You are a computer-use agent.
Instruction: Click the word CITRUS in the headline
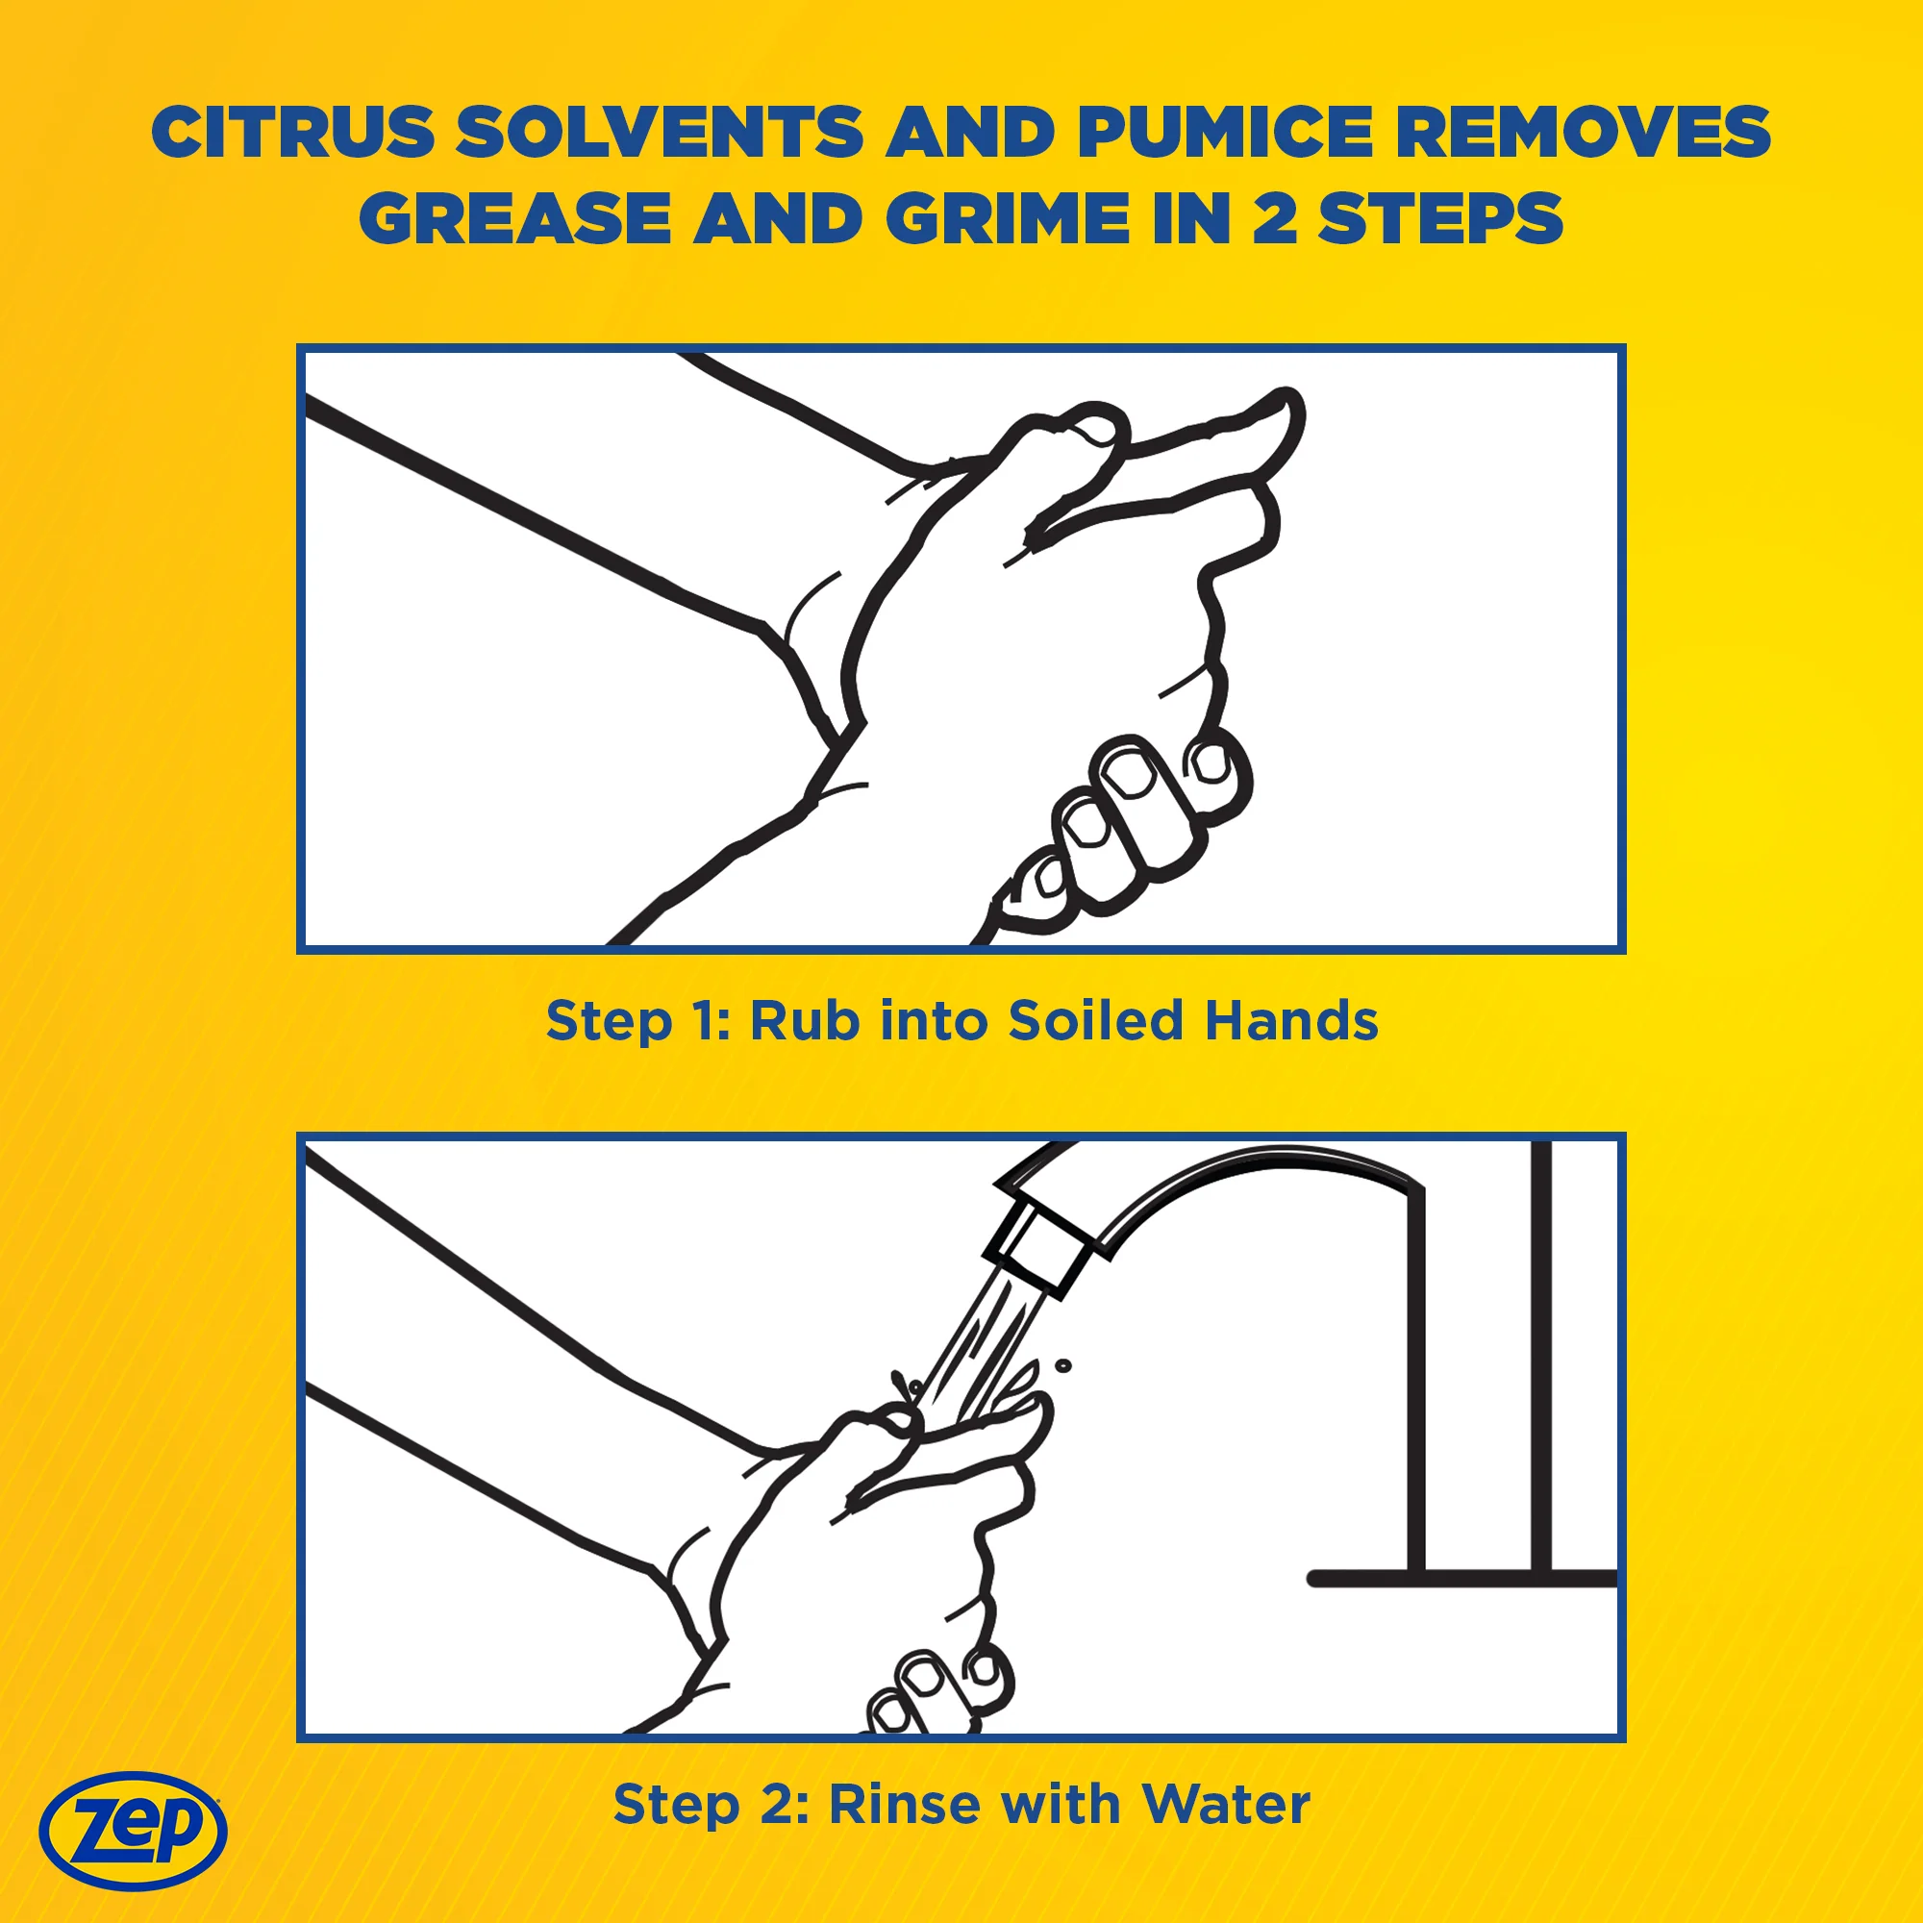point(293,132)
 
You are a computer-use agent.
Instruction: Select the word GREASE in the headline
point(515,218)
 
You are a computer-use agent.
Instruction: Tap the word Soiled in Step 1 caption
point(1096,1020)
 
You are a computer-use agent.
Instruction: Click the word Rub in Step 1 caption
point(804,1020)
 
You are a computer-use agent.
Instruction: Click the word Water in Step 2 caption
point(1226,1804)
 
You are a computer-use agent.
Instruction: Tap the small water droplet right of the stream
point(1063,1365)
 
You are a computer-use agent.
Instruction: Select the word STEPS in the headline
point(1440,218)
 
